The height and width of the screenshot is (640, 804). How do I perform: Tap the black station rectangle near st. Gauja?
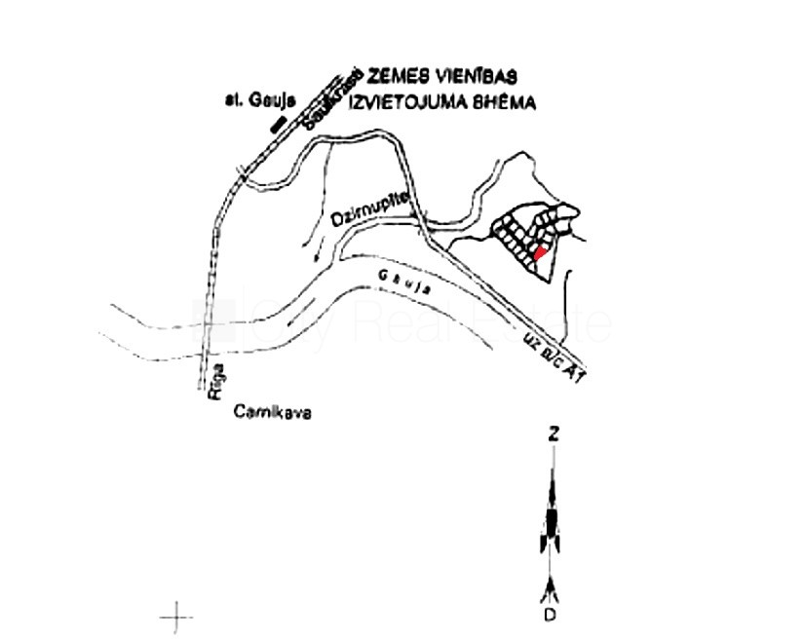tap(278, 123)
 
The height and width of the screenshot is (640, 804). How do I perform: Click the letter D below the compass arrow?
tap(552, 616)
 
